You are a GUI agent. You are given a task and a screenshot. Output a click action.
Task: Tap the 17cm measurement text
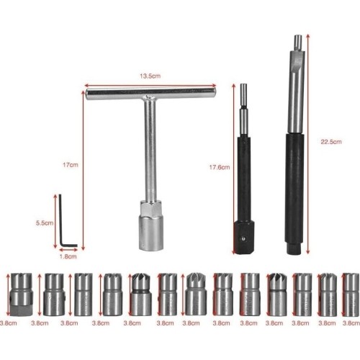click(x=70, y=165)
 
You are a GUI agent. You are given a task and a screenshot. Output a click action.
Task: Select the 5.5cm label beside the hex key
click(x=45, y=223)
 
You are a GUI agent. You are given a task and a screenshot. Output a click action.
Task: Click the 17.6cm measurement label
click(x=219, y=168)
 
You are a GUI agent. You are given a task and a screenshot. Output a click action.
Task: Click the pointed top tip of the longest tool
click(x=295, y=36)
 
